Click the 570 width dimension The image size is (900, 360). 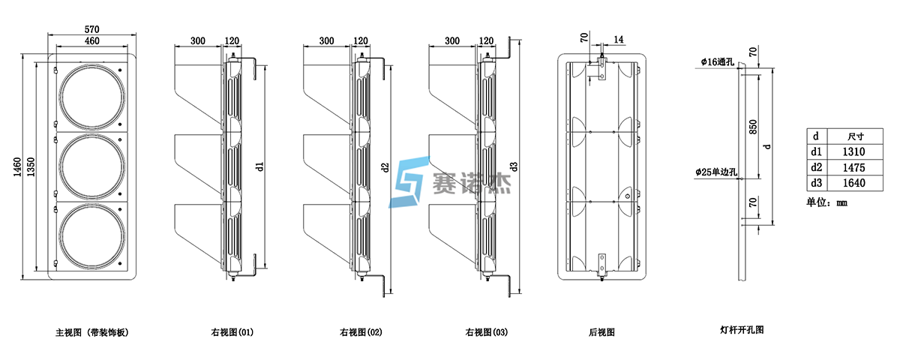[91, 28]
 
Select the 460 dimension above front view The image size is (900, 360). [91, 40]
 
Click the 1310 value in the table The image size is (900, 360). [856, 152]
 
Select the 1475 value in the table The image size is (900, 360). [856, 167]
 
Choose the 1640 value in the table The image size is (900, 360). [856, 182]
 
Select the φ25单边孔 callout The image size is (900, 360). [716, 172]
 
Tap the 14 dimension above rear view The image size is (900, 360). [618, 39]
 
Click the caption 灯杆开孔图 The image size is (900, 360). [742, 330]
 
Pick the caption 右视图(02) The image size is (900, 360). [361, 331]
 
